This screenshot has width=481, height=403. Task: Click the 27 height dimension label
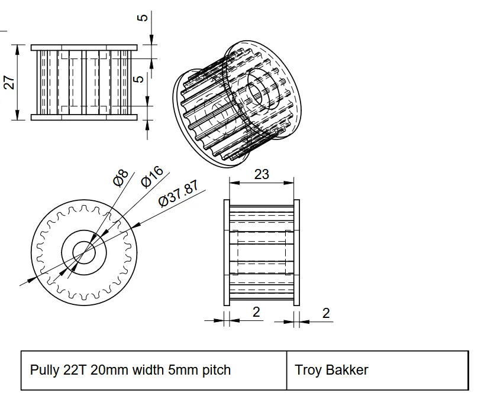pyautogui.click(x=9, y=82)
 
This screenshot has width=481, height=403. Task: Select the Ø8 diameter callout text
pyautogui.click(x=121, y=177)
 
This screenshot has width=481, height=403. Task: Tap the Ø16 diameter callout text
pyautogui.click(x=152, y=177)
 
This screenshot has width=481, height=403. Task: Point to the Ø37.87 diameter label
pyautogui.click(x=179, y=194)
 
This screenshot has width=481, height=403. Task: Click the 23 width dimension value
pyautogui.click(x=261, y=174)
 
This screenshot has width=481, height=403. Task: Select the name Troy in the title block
pyautogui.click(x=308, y=370)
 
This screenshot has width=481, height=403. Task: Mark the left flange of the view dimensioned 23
pyautogui.click(x=226, y=252)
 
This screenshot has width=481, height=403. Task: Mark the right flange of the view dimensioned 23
pyautogui.click(x=296, y=252)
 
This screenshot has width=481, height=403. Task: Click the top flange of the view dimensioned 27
pyautogui.click(x=84, y=47)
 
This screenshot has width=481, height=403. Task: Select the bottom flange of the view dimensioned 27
pyautogui.click(x=84, y=117)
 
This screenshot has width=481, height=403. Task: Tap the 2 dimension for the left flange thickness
pyautogui.click(x=256, y=312)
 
